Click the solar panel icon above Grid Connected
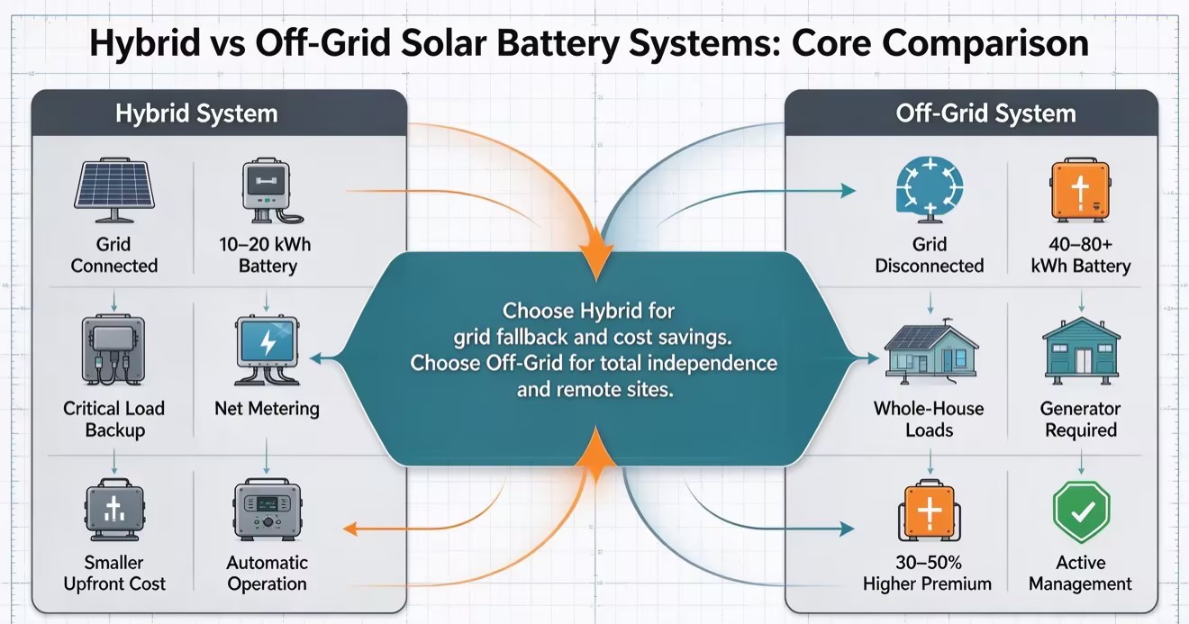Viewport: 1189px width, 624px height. coord(114,189)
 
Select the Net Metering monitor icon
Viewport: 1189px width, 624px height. coord(267,350)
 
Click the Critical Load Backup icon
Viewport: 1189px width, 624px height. coord(113,349)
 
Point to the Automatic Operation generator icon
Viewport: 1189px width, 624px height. coord(268,510)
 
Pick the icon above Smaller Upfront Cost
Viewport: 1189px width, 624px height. coord(114,510)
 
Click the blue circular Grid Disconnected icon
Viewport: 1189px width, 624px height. coord(930,189)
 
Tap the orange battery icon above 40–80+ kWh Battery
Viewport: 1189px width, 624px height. coord(1080,189)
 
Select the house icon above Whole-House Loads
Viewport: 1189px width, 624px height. coord(930,350)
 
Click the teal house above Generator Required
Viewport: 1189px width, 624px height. coord(1081,350)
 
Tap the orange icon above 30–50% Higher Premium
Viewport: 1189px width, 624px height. coord(930,510)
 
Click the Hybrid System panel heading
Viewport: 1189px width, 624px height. coord(196,113)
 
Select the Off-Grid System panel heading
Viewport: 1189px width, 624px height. coord(985,113)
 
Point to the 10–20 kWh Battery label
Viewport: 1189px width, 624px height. coord(266,255)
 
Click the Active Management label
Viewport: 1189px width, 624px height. coord(1080,573)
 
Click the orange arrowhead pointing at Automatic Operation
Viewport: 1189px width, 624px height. coord(350,529)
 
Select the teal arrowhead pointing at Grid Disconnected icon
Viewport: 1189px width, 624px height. coord(849,191)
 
